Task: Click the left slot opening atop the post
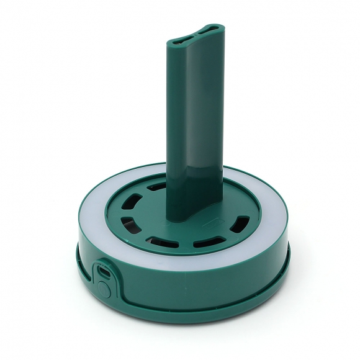pos(178,38)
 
